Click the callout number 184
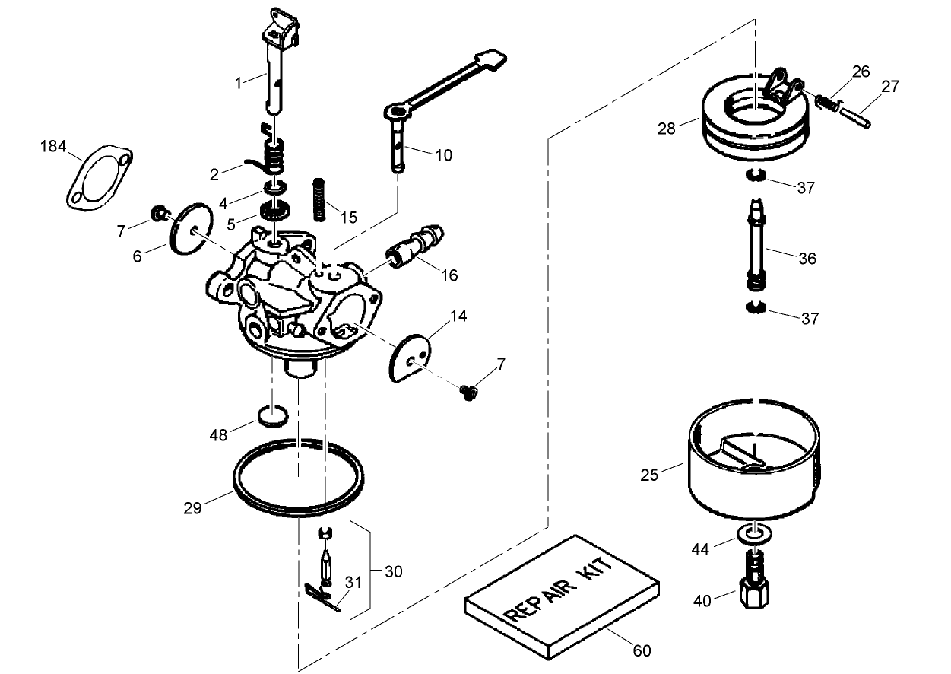[53, 146]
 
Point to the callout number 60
[642, 650]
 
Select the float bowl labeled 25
[753, 464]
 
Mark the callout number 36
[807, 259]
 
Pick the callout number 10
[444, 155]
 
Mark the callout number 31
[353, 583]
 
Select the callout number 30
[393, 571]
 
